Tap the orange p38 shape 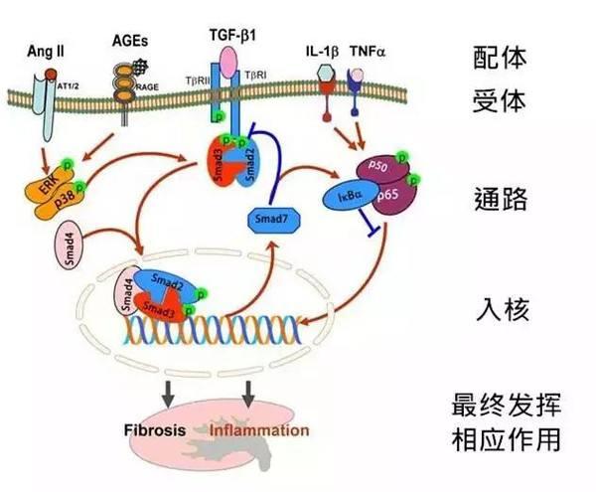pyautogui.click(x=78, y=199)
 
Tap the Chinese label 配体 pyautogui.click(x=499, y=54)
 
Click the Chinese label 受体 pyautogui.click(x=499, y=102)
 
